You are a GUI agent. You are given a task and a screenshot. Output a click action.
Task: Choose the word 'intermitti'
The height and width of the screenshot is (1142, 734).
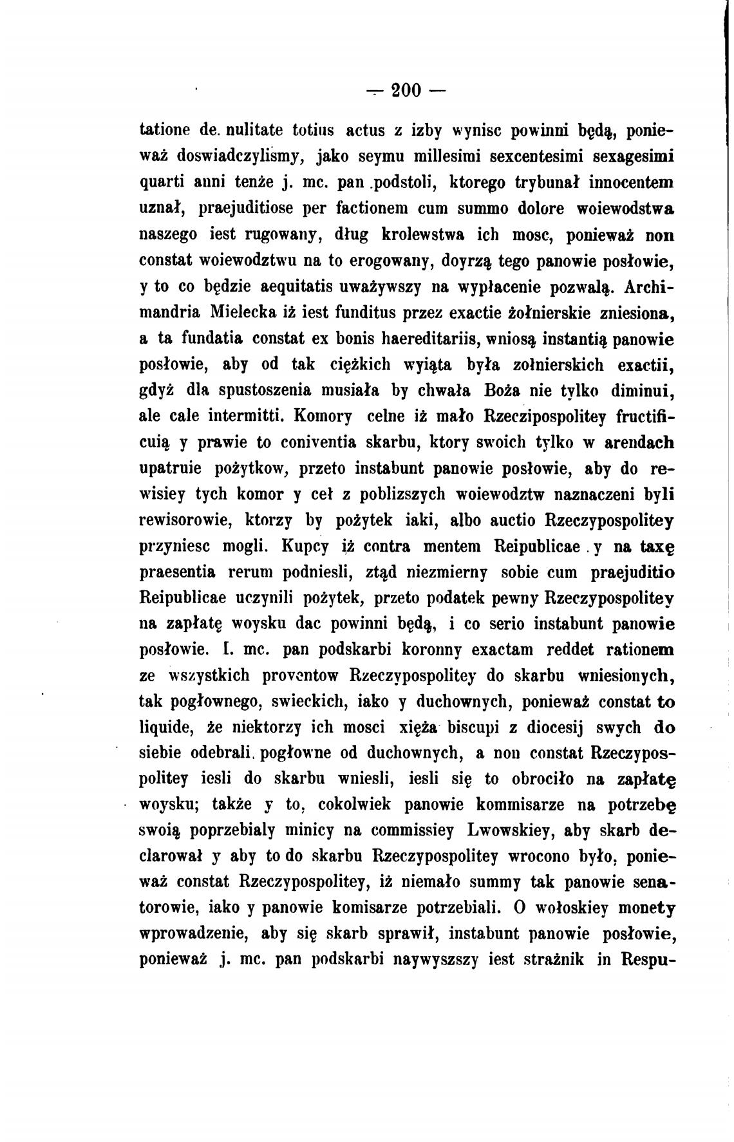coord(246,417)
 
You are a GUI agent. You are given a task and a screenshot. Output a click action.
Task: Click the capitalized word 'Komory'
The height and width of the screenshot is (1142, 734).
coord(323,417)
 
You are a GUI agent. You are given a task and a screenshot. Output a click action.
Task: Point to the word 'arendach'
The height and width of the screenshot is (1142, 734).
coord(633,443)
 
